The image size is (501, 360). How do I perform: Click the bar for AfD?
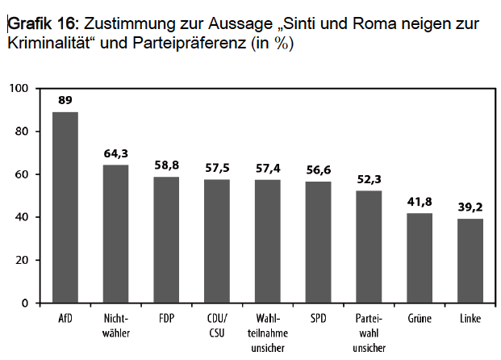coord(65,207)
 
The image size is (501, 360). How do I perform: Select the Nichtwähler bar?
coord(116,234)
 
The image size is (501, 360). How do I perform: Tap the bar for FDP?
coord(166,240)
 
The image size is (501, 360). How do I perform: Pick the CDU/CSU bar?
coord(217,241)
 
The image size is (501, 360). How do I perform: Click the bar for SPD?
coord(318,242)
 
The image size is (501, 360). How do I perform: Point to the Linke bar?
coord(470,261)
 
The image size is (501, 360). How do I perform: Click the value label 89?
coord(65,100)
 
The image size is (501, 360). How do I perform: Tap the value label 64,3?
coord(116,153)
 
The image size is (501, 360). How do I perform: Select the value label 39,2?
coord(470,207)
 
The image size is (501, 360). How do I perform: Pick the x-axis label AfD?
coord(65,319)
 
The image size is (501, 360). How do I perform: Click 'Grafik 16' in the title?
coord(39,25)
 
